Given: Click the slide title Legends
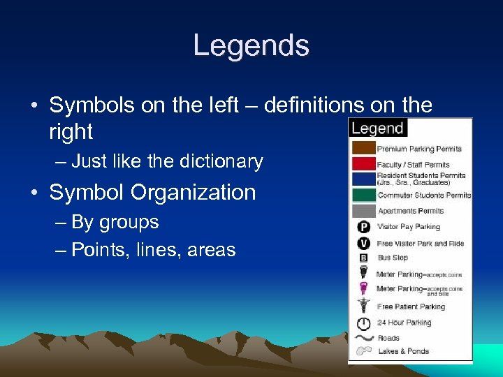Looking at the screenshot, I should (251, 46).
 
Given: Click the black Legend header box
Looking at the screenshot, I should (377, 128).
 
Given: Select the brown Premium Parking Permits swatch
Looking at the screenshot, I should (363, 148).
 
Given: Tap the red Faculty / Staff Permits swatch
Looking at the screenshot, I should (363, 164).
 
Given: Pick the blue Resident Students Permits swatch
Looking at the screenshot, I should (363, 179).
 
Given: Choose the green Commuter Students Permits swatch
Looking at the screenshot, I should (363, 195).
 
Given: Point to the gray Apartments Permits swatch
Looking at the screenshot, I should (363, 210).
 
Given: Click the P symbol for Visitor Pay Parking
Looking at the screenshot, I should (363, 227).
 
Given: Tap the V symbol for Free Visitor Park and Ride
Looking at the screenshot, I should (363, 243).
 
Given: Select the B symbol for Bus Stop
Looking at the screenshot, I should (363, 258).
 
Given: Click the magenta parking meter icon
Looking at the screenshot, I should (363, 289).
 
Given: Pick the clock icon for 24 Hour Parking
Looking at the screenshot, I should (363, 323).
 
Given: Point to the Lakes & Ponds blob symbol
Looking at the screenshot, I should (363, 351).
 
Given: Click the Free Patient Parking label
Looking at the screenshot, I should (411, 306).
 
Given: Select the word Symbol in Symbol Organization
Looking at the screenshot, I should (83, 192).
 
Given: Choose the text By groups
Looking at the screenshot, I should (115, 222).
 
